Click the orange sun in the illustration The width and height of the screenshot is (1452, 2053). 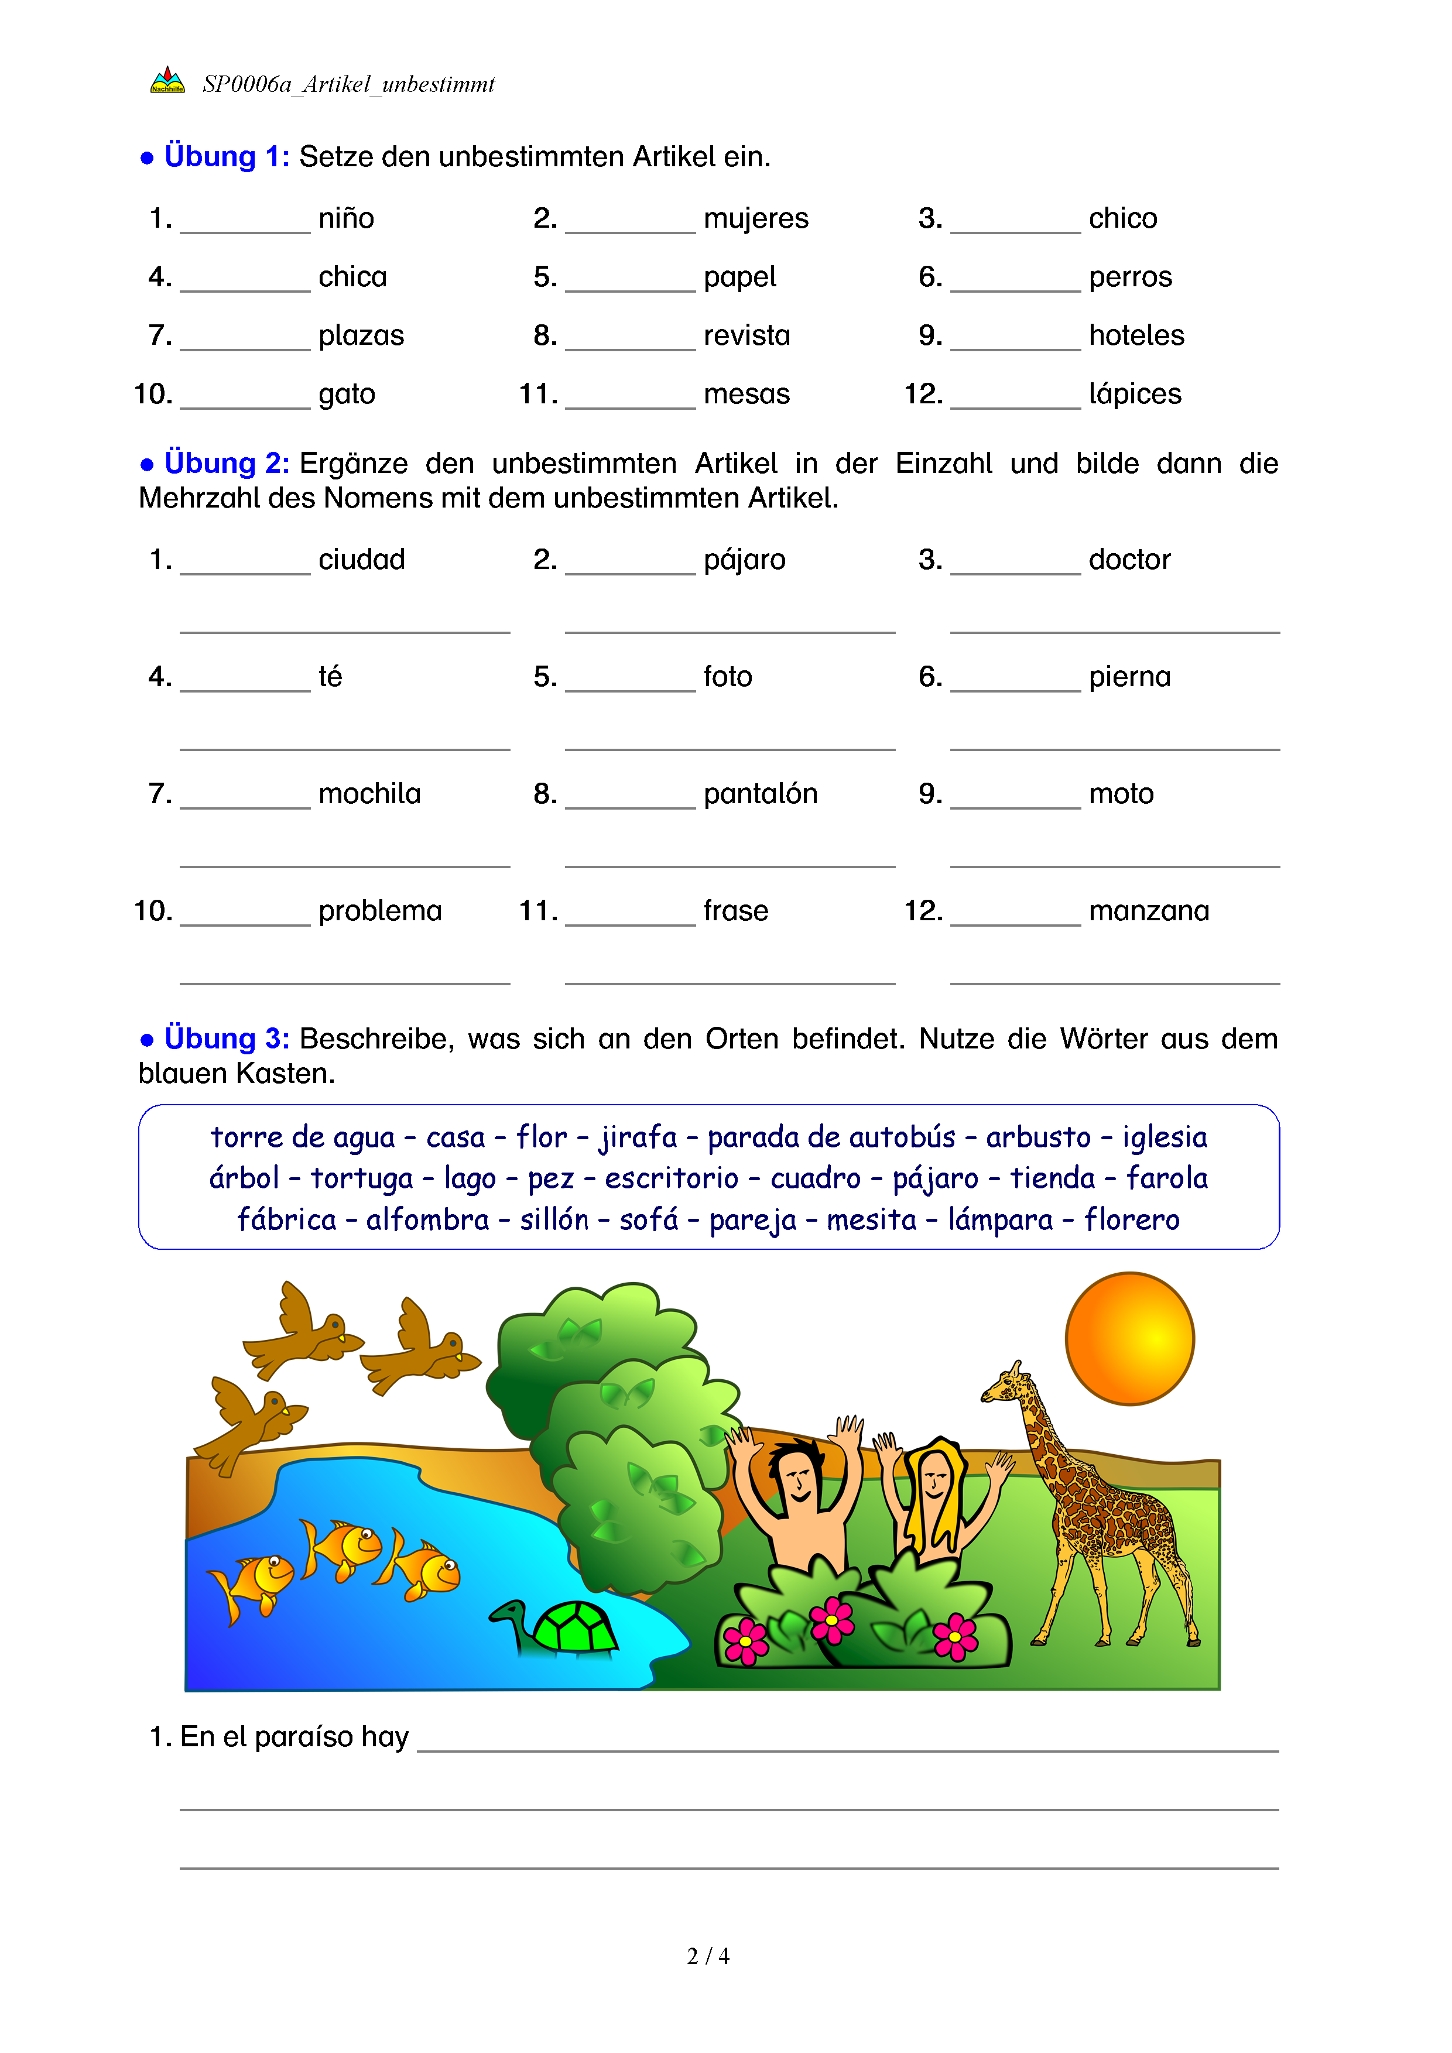point(1129,1339)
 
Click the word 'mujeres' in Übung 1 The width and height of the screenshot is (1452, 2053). point(755,218)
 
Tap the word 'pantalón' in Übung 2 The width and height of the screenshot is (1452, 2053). point(760,793)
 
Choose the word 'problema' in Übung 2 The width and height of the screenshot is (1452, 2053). point(380,910)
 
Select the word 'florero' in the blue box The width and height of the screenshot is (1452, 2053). point(1131,1219)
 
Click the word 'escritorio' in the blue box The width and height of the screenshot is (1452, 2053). point(672,1178)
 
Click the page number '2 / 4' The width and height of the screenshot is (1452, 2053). point(708,1956)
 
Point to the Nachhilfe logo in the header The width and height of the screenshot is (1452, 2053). point(167,80)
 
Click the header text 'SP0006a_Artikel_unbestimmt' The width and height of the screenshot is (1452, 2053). point(349,84)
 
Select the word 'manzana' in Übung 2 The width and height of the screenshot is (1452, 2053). point(1149,910)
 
